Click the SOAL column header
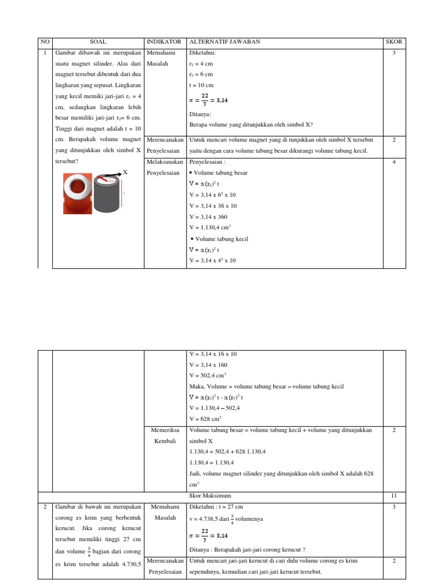tap(98, 42)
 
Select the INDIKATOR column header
tap(165, 42)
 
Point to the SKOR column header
tap(394, 42)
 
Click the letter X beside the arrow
tap(125, 172)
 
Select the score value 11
tap(394, 495)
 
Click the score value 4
tap(394, 162)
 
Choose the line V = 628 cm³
tap(206, 419)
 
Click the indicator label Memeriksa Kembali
tap(165, 435)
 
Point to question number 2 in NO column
tap(45, 506)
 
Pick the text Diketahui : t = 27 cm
tap(216, 506)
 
